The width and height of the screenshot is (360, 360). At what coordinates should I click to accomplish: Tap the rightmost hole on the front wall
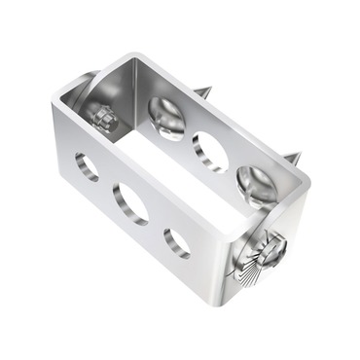point(176,240)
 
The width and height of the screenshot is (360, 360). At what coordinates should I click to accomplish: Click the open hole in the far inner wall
point(209,152)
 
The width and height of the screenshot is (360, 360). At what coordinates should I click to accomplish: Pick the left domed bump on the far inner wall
point(166,118)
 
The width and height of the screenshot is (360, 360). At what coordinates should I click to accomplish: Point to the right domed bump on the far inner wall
point(255,184)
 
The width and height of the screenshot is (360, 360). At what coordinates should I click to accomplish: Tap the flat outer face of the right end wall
point(282,277)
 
